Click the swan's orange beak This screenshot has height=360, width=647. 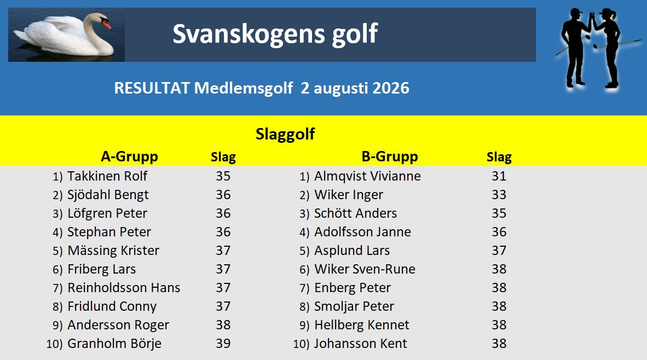[106, 24]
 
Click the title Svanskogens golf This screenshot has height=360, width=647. [275, 34]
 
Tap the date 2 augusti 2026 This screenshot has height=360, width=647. [355, 88]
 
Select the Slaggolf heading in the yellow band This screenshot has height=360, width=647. [285, 134]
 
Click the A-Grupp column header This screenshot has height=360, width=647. [130, 156]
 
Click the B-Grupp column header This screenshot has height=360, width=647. [390, 156]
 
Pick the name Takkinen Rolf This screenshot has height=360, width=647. [107, 176]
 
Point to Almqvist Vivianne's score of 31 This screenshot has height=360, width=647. [499, 176]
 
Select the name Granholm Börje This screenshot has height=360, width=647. [114, 344]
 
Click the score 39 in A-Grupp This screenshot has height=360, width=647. [223, 344]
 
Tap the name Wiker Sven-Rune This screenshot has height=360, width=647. [365, 269]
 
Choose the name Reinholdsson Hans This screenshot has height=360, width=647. [124, 287]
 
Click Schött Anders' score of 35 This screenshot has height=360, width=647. [499, 213]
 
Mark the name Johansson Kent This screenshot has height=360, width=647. [361, 344]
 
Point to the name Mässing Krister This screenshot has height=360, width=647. [113, 251]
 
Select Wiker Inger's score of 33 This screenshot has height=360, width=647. [499, 195]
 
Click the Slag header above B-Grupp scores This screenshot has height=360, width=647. [499, 157]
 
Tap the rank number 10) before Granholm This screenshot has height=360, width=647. [55, 344]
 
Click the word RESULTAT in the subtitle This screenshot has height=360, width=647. [152, 88]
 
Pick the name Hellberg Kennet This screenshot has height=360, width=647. [362, 325]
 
